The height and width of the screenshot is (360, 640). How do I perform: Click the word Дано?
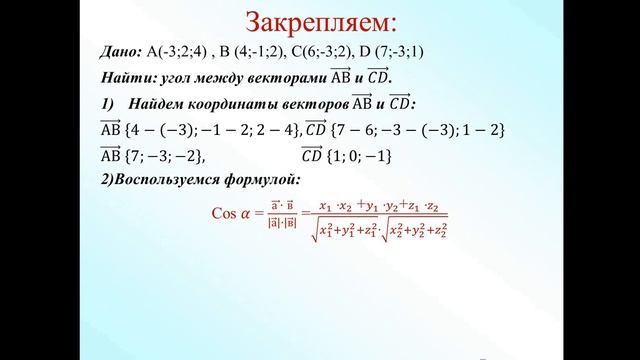pos(121,54)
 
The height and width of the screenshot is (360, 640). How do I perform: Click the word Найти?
pos(126,78)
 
